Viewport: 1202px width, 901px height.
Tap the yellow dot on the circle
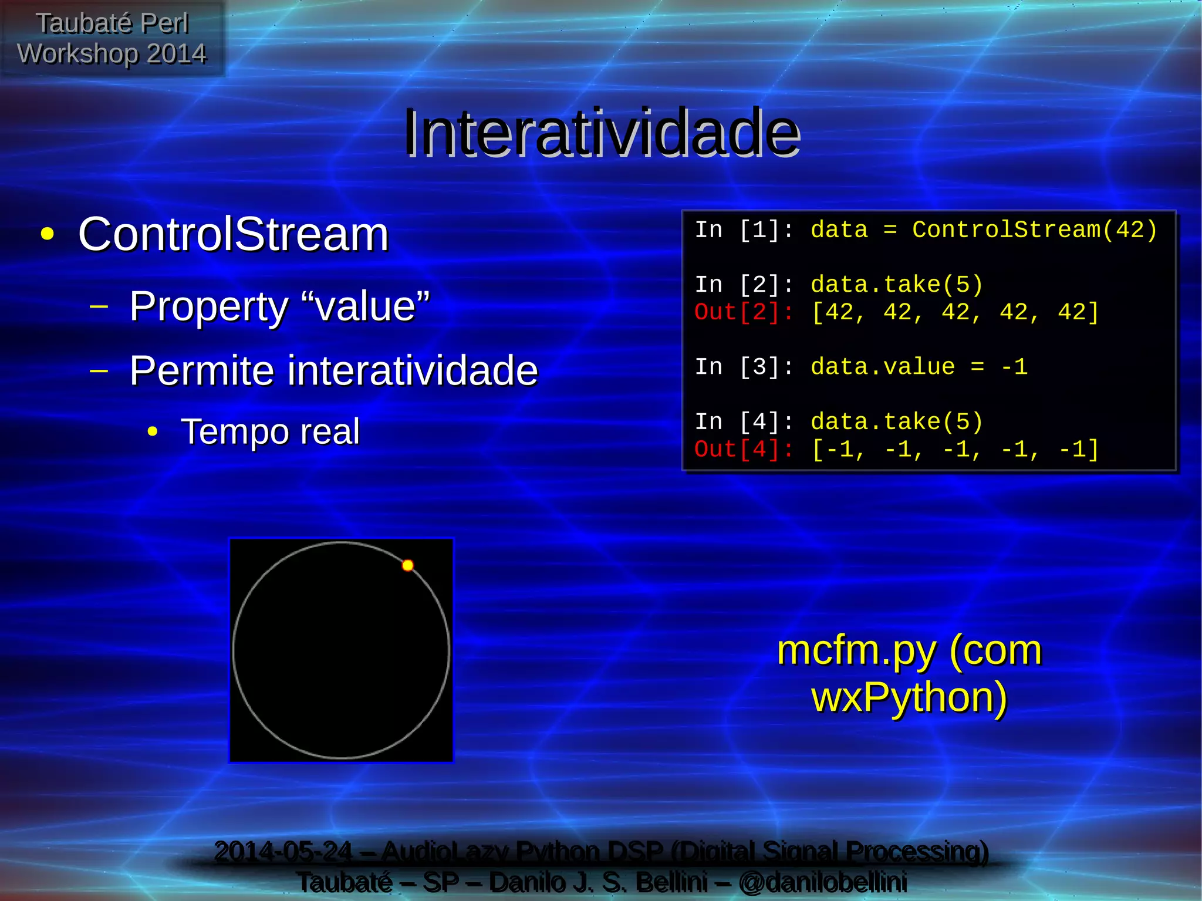[x=408, y=565]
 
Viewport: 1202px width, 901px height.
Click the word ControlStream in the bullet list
[x=234, y=234]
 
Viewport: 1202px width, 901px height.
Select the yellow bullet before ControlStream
[x=48, y=235]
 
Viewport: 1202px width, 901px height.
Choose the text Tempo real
[x=270, y=431]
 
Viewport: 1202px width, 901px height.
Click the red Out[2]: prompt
[x=744, y=312]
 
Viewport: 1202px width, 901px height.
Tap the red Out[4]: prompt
[x=744, y=450]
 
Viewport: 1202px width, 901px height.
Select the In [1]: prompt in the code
[x=744, y=230]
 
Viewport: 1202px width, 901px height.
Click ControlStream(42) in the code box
[x=1034, y=230]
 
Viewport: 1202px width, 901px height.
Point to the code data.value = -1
[x=919, y=367]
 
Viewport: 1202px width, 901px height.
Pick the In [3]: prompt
[x=744, y=367]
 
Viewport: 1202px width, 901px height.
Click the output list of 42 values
[x=954, y=312]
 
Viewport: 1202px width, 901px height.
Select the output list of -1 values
[x=954, y=450]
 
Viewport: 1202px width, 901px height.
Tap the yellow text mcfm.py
[x=856, y=651]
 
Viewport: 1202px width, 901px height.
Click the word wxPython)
[x=909, y=697]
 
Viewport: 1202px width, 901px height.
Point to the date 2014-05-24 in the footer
[x=283, y=852]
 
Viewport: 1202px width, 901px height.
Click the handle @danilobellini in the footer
[x=823, y=882]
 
